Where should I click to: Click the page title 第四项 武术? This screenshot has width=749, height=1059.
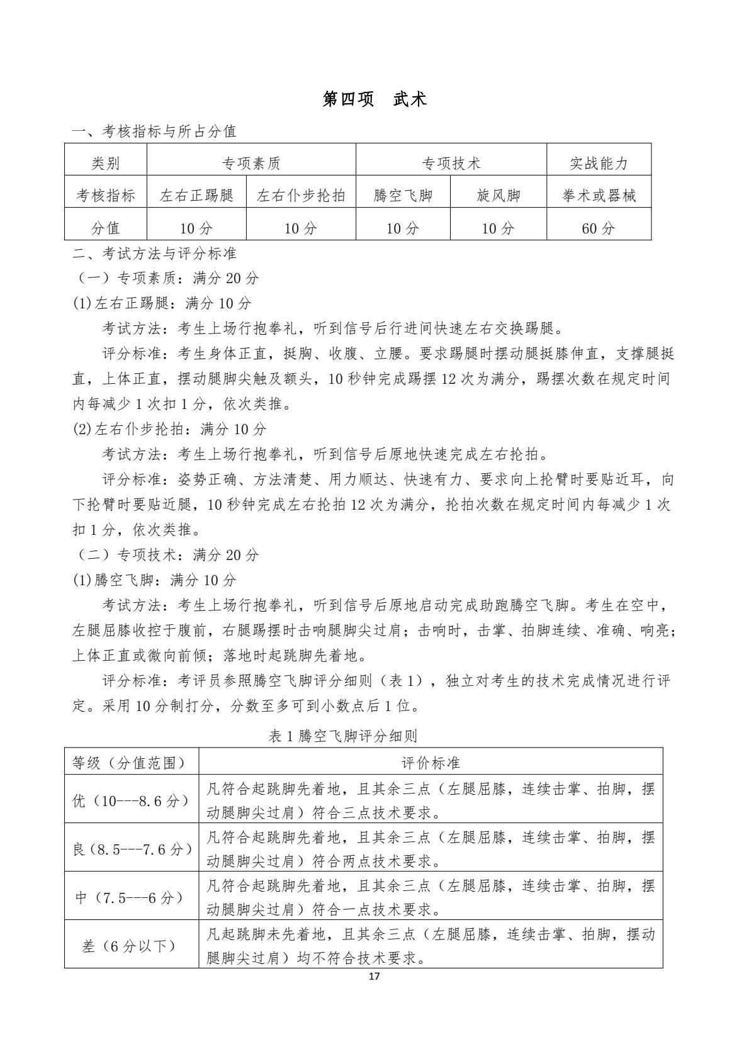point(374,99)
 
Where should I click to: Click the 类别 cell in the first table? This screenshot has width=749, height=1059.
point(105,164)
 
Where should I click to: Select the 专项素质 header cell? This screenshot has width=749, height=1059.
point(251,164)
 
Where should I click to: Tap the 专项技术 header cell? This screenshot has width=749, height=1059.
point(451,164)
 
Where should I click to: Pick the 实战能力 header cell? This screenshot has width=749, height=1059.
point(599,164)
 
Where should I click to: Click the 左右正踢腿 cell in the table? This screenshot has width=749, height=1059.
point(196,196)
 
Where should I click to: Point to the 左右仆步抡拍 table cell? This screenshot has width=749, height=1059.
point(301,196)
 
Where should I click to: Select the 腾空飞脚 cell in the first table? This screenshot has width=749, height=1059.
point(403,196)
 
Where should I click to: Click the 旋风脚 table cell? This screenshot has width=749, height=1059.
point(498,196)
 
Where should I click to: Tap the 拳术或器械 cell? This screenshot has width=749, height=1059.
point(599,196)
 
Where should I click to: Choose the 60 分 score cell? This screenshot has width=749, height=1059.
point(599,228)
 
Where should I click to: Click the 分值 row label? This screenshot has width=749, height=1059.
point(105,228)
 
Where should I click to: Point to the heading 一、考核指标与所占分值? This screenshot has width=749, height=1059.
point(155,132)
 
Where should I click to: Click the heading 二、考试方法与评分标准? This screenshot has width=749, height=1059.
point(155,254)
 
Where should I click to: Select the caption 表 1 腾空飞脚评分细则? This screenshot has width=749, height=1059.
point(343,736)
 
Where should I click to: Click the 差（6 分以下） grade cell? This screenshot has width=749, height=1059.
point(131,945)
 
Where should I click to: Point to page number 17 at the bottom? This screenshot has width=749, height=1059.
point(374,977)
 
